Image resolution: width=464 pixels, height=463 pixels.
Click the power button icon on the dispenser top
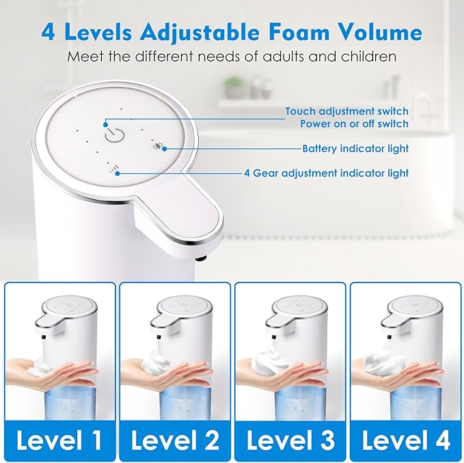(x=115, y=135)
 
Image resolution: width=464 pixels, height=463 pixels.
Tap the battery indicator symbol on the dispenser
(x=157, y=146)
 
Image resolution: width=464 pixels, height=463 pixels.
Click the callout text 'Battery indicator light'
(x=355, y=148)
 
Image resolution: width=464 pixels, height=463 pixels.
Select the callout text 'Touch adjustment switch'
(x=347, y=111)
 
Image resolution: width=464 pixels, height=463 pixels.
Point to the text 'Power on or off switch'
(x=354, y=124)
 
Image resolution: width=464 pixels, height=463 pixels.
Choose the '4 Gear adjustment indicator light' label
(x=327, y=173)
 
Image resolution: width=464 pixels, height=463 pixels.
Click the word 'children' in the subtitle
(x=368, y=56)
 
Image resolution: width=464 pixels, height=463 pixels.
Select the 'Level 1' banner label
(x=59, y=440)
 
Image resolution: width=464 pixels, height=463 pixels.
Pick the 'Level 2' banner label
(x=175, y=440)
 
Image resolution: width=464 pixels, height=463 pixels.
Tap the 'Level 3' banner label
(x=290, y=440)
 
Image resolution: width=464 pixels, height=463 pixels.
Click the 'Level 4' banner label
(x=406, y=440)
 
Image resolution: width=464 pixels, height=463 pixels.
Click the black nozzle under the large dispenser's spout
(x=201, y=259)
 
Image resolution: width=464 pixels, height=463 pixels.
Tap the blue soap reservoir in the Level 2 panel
(x=187, y=402)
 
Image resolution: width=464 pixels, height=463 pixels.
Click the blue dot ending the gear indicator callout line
(x=118, y=173)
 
